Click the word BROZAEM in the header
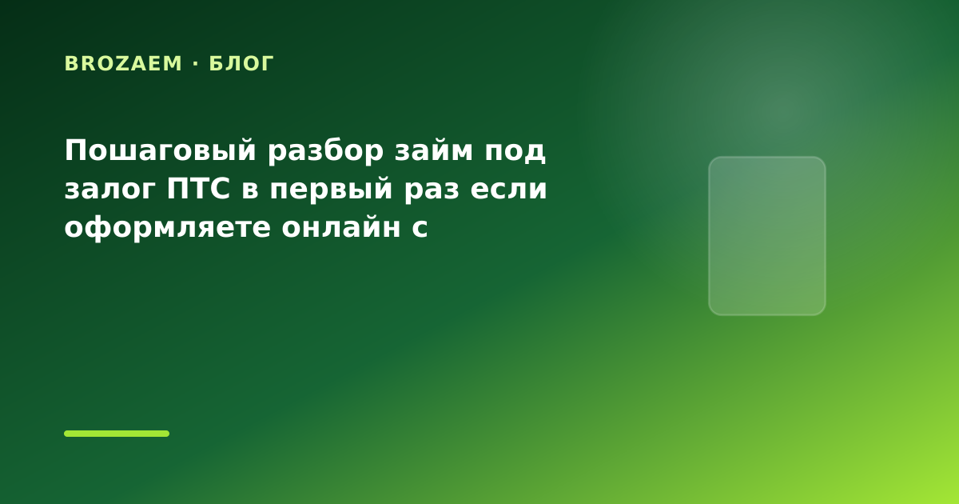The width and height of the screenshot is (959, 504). [x=123, y=63]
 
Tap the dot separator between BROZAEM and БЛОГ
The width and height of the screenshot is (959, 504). [x=196, y=63]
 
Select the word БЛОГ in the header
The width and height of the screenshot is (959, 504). [x=241, y=64]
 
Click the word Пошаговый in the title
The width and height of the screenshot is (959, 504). [x=161, y=151]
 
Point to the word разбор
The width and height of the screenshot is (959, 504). [x=325, y=151]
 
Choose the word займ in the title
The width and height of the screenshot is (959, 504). [x=434, y=150]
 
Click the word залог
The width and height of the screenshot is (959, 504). [x=109, y=190]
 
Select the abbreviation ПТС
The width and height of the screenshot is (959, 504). [x=198, y=189]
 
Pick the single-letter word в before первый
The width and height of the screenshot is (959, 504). [x=250, y=190]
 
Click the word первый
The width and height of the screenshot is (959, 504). [x=331, y=189]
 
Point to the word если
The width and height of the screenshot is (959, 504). [x=508, y=190]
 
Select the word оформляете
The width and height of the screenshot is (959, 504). [x=167, y=227]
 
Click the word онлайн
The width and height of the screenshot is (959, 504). [x=341, y=226]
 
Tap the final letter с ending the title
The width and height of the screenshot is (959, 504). [x=420, y=229]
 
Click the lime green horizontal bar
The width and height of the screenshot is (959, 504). [x=117, y=434]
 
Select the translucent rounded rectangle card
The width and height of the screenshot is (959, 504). [x=766, y=236]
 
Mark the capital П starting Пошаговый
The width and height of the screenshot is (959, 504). [x=76, y=150]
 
